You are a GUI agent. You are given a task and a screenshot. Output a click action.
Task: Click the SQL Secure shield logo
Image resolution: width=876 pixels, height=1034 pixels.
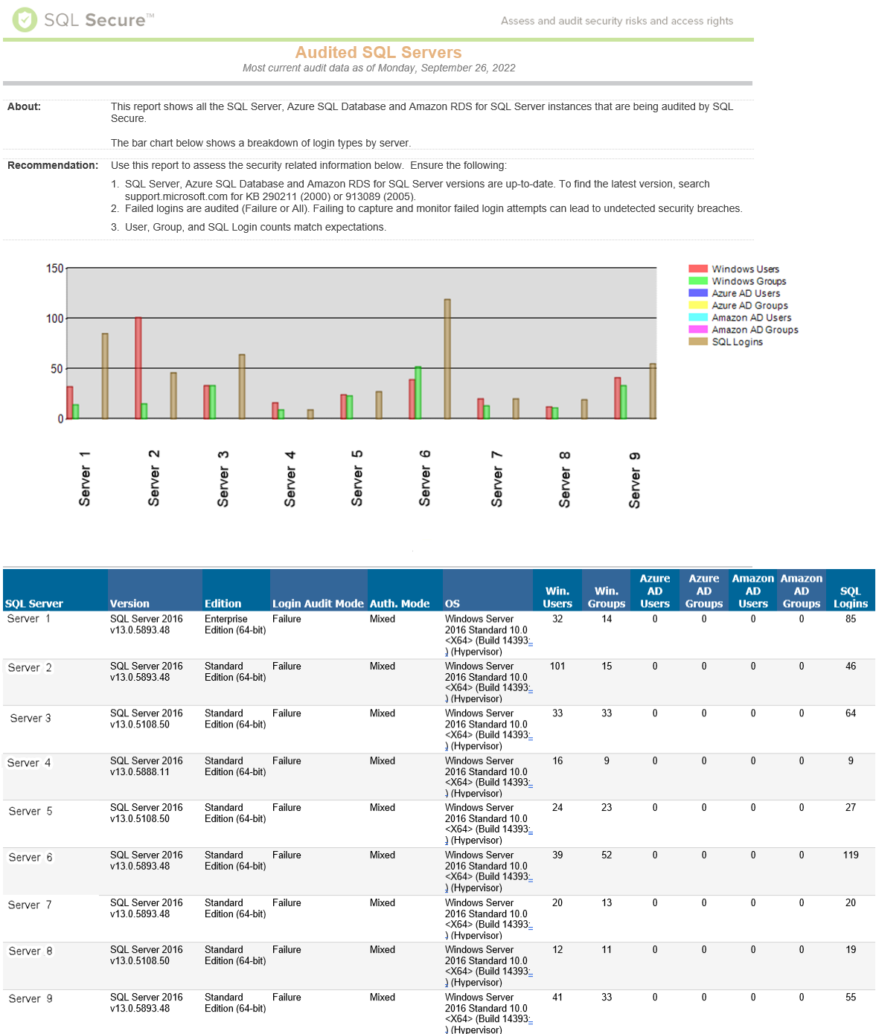pos(25,20)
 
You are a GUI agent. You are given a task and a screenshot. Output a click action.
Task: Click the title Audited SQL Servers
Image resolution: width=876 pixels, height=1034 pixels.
pos(378,52)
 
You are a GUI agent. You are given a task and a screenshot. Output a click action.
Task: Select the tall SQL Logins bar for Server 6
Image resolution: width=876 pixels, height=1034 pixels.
pos(447,359)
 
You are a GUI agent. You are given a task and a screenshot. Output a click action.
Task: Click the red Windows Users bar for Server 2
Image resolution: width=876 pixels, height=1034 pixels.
pos(138,367)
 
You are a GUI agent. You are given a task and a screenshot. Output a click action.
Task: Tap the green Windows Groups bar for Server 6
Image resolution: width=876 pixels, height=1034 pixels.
pos(418,392)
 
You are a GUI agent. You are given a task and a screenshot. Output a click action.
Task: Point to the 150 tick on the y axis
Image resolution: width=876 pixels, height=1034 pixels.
pos(55,269)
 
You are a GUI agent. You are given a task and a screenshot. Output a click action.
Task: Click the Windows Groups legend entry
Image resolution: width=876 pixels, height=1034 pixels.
pos(748,281)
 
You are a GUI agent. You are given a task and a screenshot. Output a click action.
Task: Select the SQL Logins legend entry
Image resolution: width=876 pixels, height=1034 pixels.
pos(737,342)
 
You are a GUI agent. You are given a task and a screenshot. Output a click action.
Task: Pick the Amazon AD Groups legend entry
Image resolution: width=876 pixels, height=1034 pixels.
pos(754,330)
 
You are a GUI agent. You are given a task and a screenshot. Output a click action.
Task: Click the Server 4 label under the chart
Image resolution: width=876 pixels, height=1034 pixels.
pos(290,478)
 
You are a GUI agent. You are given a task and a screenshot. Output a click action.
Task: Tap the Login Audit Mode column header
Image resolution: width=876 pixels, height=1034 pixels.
pos(318,603)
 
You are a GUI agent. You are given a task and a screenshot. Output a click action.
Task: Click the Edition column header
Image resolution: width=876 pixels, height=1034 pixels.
pos(223,603)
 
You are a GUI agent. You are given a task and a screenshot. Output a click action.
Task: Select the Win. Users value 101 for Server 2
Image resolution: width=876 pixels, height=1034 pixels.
pos(557,667)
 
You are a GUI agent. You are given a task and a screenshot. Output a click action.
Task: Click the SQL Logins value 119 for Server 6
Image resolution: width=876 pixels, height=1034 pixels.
pos(851,855)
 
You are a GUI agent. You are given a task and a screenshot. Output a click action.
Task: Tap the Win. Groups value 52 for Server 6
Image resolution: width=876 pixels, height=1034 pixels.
pos(607,855)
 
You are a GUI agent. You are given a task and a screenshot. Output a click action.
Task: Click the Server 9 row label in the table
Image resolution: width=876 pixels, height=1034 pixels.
pos(31,999)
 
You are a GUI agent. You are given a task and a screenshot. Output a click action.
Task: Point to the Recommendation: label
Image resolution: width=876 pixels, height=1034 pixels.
pos(53,165)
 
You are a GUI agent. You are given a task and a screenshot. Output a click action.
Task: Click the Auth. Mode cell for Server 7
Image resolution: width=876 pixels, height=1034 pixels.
pos(383,903)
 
